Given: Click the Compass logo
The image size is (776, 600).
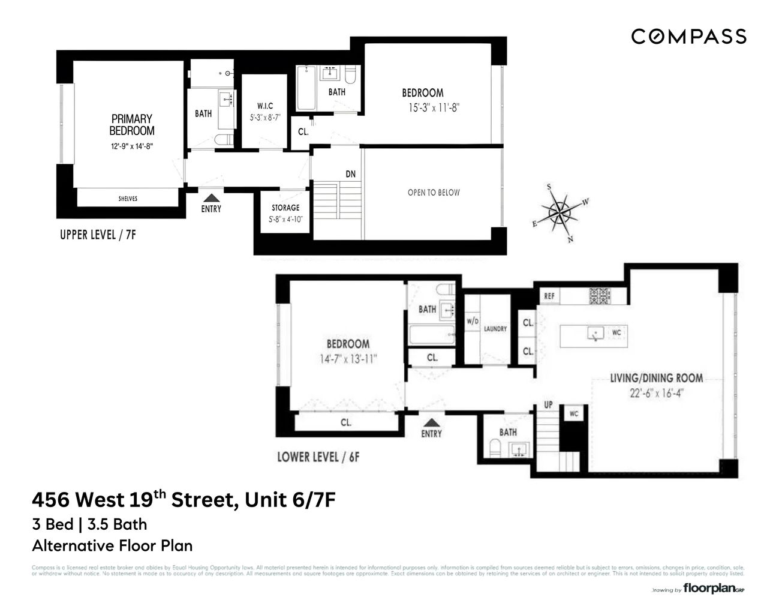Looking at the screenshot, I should pos(688,37).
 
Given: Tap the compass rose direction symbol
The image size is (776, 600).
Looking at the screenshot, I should pos(560,211).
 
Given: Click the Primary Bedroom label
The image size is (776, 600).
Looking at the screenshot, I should pos(132,125).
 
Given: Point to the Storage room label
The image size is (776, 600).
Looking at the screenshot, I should pos(285,208).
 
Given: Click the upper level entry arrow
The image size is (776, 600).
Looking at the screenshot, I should pos(210,197).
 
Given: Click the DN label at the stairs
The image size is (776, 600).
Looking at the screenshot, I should pos(351,174).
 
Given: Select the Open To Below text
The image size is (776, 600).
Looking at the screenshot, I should pos(434,193).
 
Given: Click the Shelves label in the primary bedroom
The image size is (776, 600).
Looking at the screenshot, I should pos(128,199).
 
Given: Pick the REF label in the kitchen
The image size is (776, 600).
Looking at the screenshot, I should pos(549,296).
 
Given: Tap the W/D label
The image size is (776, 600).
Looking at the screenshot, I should pos(473,322).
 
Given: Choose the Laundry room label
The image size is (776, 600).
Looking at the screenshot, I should pos(495,329).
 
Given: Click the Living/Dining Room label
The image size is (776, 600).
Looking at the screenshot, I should pos(657,378).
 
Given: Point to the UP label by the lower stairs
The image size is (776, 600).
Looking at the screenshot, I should pos(548,404).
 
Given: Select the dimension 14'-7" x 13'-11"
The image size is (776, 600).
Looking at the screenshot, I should pos(348,359).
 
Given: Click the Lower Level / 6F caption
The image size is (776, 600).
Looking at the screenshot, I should pos(318,457).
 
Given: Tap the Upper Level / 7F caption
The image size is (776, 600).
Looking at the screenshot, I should pos(98,235).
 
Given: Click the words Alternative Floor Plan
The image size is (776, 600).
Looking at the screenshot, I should pos(112,545).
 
